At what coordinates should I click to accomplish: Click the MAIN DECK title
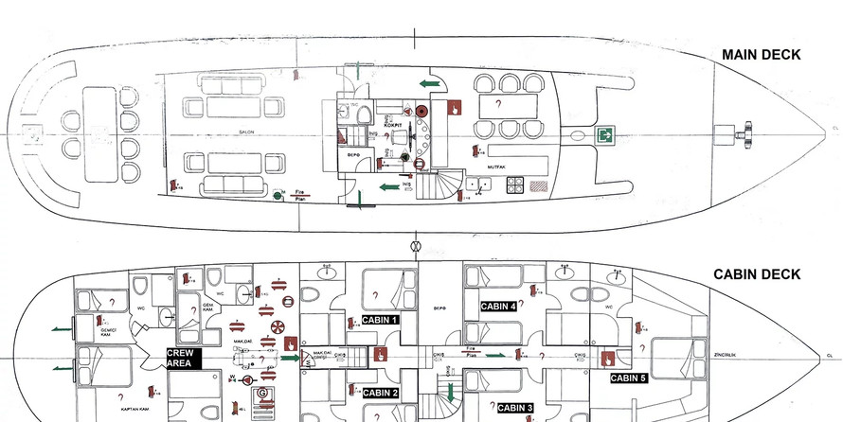(x=761, y=55)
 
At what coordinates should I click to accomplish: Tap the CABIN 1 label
(x=381, y=320)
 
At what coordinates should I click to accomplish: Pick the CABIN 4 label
(x=498, y=307)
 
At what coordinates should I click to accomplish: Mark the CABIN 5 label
(x=629, y=378)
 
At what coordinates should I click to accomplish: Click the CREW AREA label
(x=184, y=358)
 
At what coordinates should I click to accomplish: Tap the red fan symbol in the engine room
(x=278, y=326)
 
